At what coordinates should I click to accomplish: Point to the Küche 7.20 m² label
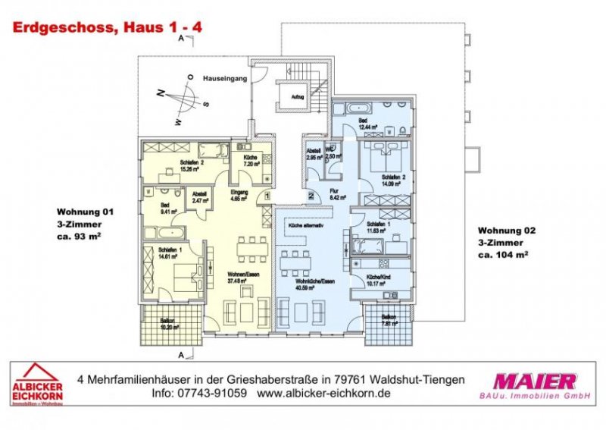point(251,160)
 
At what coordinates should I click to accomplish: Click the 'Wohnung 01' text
point(86,212)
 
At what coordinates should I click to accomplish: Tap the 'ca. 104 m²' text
point(502,256)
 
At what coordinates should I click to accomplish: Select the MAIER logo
point(533,381)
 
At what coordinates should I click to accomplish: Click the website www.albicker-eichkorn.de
point(323,394)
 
